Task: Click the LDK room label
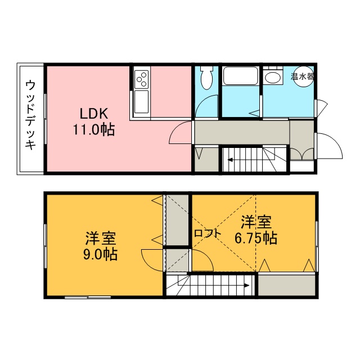tap(94, 114)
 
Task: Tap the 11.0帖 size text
tap(94, 129)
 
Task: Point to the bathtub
tap(241, 76)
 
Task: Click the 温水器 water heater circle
tap(304, 76)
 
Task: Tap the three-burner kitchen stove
tap(141, 79)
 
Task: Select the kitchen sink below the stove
tap(141, 102)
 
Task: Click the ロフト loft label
tap(208, 234)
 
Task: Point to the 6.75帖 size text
tap(256, 238)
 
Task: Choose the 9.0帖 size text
tap(100, 254)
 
